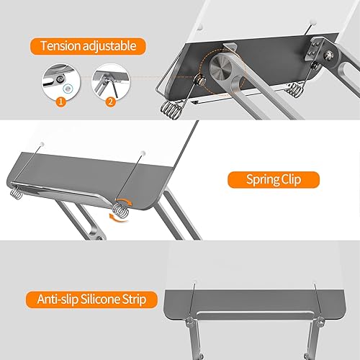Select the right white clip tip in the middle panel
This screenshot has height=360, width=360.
144,153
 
